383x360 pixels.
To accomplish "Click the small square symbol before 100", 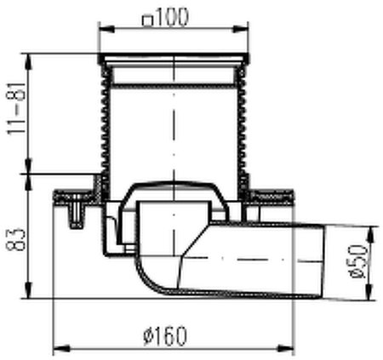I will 147,20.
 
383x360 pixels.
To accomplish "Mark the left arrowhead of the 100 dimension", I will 104,30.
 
